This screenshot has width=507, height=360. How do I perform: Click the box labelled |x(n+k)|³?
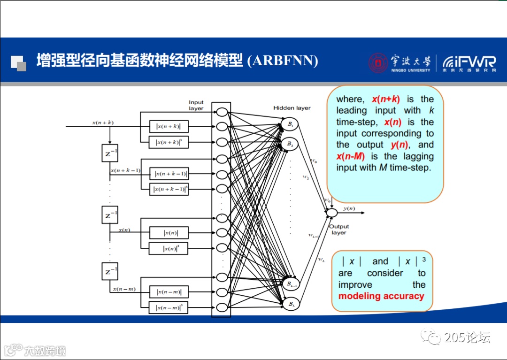coord(169,142)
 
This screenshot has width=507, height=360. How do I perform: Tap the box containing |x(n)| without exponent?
coord(169,232)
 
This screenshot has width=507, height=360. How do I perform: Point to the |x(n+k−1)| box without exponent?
coord(170,174)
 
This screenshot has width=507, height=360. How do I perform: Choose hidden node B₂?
coord(290,144)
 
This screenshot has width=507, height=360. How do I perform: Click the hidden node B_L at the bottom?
coord(290,304)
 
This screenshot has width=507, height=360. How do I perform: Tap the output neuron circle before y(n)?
coord(332,213)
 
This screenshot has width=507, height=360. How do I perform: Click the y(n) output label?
coord(349,208)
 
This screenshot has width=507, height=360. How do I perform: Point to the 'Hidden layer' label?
coord(292,108)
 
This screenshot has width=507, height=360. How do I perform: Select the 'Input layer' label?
coord(196,105)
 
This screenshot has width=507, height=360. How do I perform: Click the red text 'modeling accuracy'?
coord(381,296)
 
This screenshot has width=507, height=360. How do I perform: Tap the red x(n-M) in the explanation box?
coord(350,156)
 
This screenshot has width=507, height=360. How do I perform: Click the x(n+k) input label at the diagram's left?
coord(103,123)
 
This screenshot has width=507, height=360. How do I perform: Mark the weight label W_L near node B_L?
coord(321,260)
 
